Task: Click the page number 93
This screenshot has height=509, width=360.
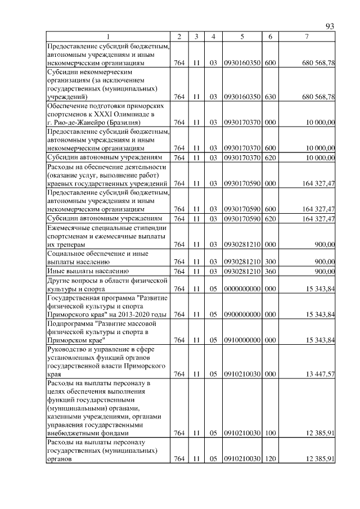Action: tap(330, 26)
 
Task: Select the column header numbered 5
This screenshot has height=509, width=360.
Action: tap(241, 37)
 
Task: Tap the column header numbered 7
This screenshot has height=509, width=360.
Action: tap(306, 37)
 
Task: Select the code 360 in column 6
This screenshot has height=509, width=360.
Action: tap(270, 272)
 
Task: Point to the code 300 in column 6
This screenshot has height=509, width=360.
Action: tap(270, 262)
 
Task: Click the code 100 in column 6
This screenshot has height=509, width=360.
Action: tap(270, 433)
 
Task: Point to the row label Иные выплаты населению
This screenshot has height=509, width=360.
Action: tap(84, 272)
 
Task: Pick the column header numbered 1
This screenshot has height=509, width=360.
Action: tap(107, 37)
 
